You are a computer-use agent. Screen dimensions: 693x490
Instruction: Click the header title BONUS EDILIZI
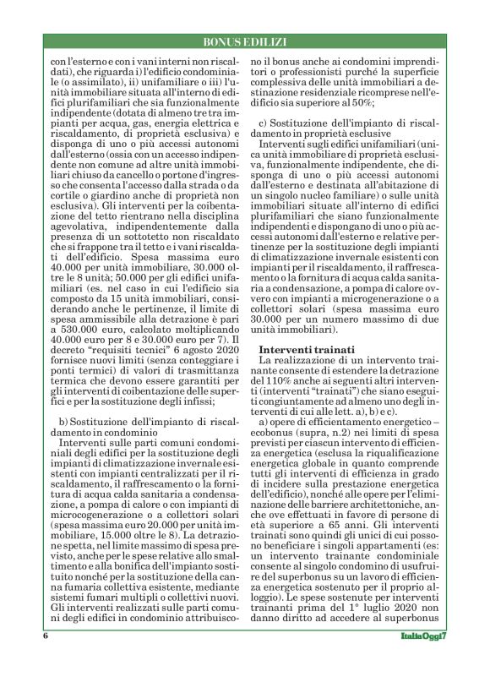pyautogui.click(x=245, y=41)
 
